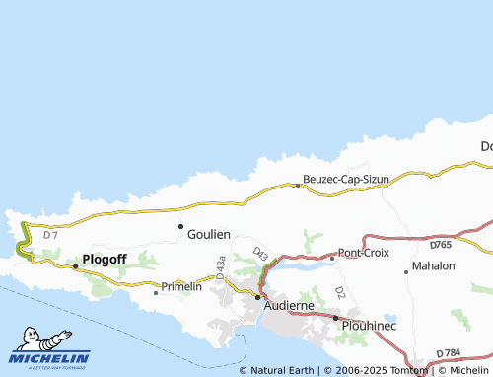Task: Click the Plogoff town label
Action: tap(106, 260)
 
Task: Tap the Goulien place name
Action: tap(208, 234)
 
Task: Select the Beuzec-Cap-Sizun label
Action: tap(346, 179)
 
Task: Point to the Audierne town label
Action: tap(289, 306)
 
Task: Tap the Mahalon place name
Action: tap(434, 266)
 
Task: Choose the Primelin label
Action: tap(181, 286)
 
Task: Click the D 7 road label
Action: tap(51, 234)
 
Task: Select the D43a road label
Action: tap(221, 264)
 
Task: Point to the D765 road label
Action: tap(441, 244)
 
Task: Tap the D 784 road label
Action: tap(449, 353)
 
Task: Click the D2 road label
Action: tap(339, 293)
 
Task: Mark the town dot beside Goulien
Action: tap(180, 226)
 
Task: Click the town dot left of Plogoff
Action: tap(75, 265)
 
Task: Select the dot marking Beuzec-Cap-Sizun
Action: tap(298, 185)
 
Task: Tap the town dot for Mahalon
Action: tap(406, 271)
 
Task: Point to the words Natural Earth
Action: tap(281, 371)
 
